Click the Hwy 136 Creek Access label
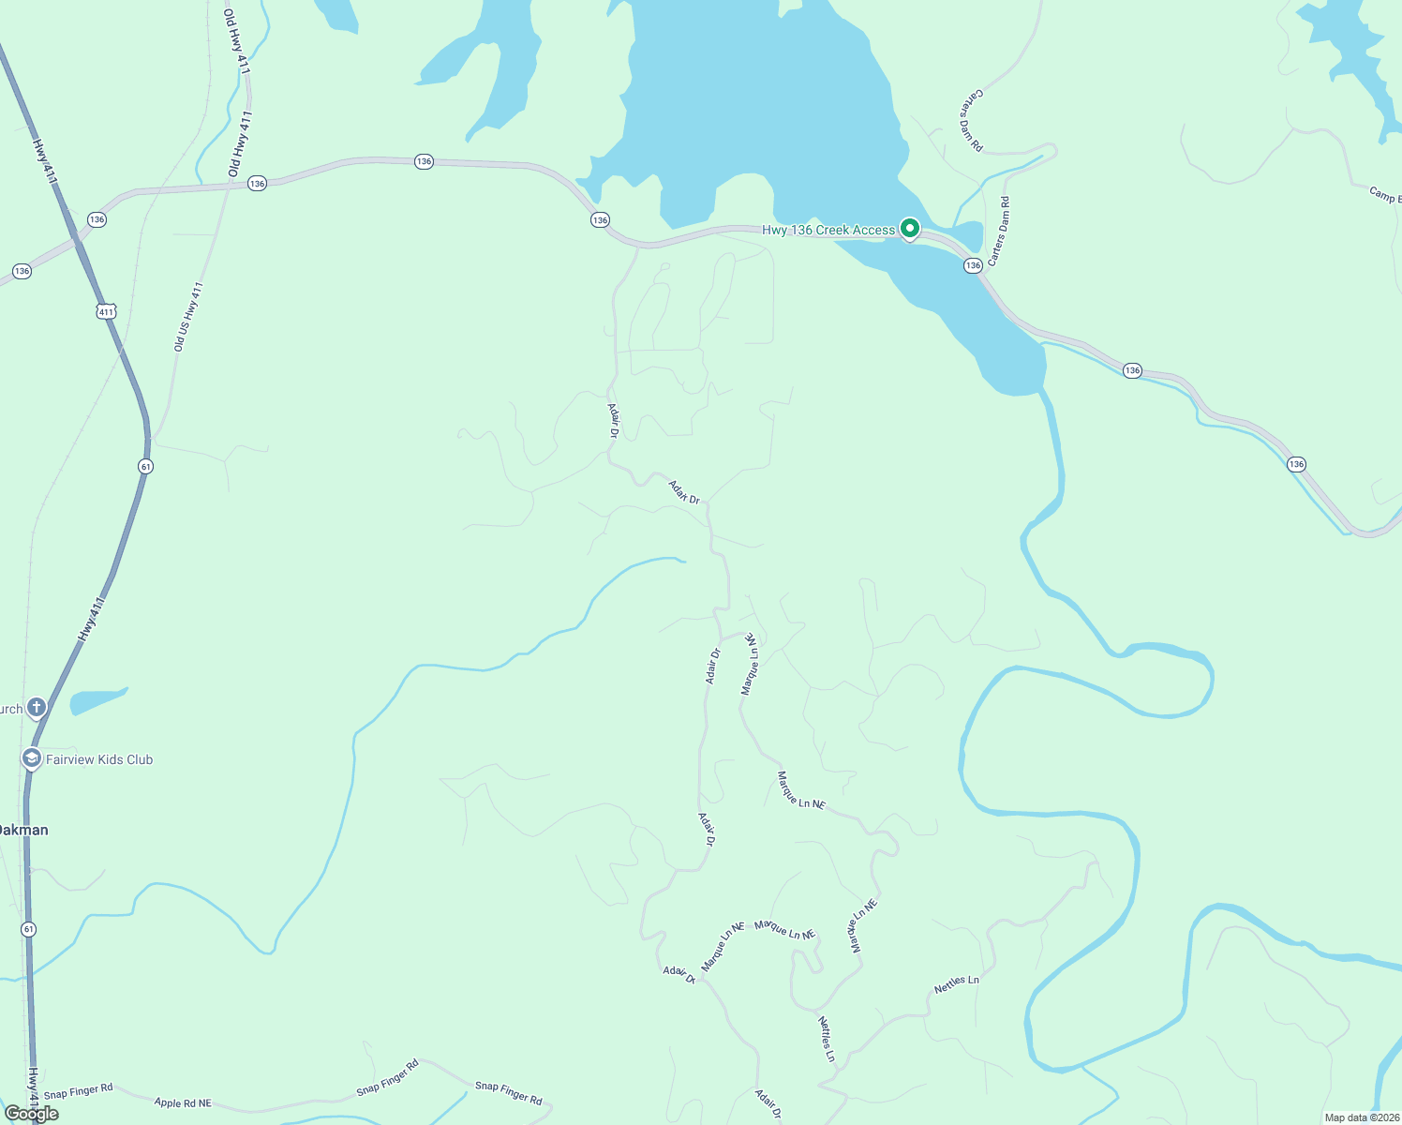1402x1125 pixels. [828, 230]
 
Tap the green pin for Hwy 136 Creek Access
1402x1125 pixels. [909, 228]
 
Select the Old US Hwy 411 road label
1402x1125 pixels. [188, 317]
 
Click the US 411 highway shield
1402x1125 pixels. [106, 311]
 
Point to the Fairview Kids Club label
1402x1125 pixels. [99, 759]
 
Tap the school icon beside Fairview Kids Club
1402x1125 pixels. [32, 757]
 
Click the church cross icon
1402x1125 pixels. [37, 707]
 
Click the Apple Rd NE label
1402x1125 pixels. [183, 1103]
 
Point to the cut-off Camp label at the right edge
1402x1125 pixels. [1385, 195]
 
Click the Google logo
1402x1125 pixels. [32, 1114]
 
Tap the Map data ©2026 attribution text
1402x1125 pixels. [1360, 1117]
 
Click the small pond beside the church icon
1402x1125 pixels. [97, 700]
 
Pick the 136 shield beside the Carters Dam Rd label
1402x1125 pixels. [973, 265]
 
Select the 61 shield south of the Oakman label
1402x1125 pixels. [29, 929]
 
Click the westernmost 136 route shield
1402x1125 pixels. [22, 271]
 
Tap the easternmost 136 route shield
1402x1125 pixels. [1296, 464]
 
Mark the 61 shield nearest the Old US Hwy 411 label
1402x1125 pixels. [145, 466]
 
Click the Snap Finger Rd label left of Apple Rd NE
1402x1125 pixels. [78, 1091]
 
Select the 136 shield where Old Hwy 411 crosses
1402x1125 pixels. [257, 183]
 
